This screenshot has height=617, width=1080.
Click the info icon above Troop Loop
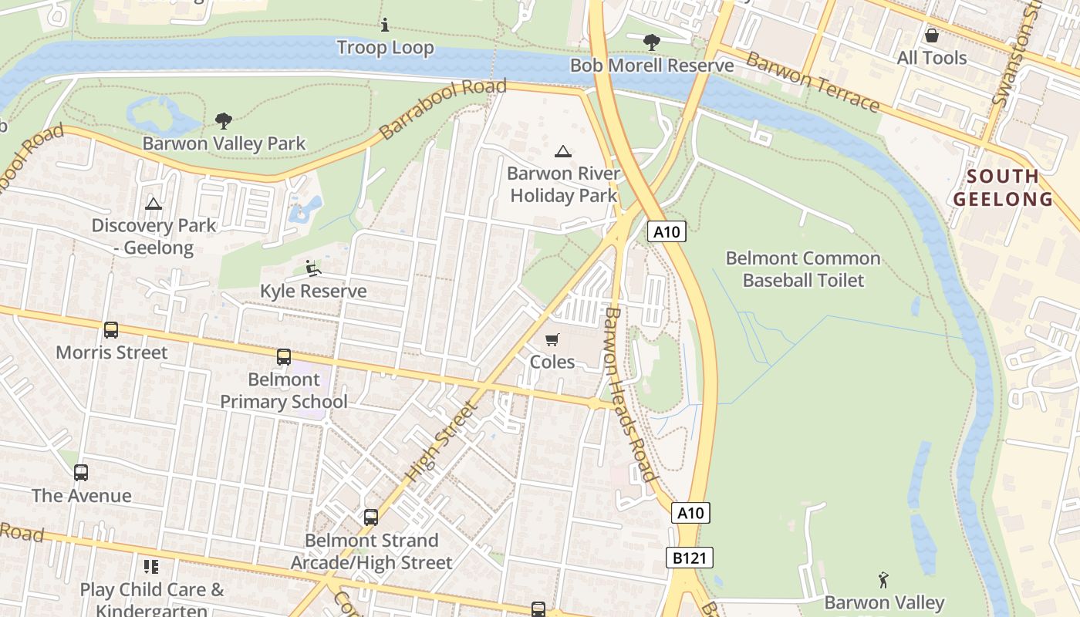point(385,25)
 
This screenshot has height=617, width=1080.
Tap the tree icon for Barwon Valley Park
point(224,121)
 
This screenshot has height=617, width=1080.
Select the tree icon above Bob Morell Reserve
point(652,42)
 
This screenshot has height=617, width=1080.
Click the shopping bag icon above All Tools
point(932,35)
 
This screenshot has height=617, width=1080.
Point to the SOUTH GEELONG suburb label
point(1003,187)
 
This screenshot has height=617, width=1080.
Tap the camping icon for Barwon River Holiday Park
point(564,151)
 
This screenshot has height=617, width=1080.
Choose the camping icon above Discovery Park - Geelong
point(154,204)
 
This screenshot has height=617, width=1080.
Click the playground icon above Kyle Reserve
point(313,268)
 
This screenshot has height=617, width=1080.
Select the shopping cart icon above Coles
point(552,339)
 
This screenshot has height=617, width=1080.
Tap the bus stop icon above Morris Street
point(111,330)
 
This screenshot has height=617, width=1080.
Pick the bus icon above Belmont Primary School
point(284,357)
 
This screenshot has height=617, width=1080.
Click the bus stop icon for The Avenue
point(81,473)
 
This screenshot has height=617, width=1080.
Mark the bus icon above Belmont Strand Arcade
point(371,518)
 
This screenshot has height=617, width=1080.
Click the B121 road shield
point(690,558)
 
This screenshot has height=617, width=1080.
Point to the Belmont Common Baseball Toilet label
point(802,268)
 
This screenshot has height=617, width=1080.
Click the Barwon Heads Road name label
point(629,394)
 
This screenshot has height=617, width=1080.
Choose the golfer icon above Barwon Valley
point(884,579)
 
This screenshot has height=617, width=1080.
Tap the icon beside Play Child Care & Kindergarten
point(151,568)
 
